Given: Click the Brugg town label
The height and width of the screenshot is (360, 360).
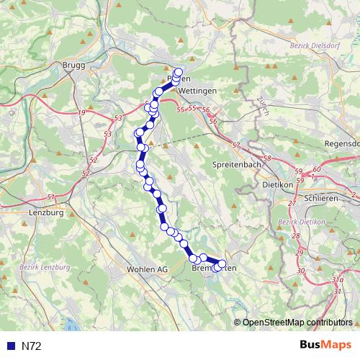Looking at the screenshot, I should pyautogui.click(x=74, y=65).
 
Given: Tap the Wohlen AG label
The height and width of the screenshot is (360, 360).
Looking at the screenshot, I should pyautogui.click(x=146, y=269).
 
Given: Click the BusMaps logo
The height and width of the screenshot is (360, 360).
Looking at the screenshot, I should pyautogui.click(x=325, y=346).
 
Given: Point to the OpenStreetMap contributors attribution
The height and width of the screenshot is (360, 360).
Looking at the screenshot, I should pyautogui.click(x=297, y=322).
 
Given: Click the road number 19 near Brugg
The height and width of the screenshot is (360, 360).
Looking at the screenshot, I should pyautogui.click(x=82, y=113).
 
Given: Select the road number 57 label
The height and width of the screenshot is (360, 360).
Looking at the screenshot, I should pyautogui.click(x=236, y=145).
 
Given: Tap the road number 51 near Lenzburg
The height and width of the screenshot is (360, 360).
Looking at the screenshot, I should pyautogui.click(x=50, y=197).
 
